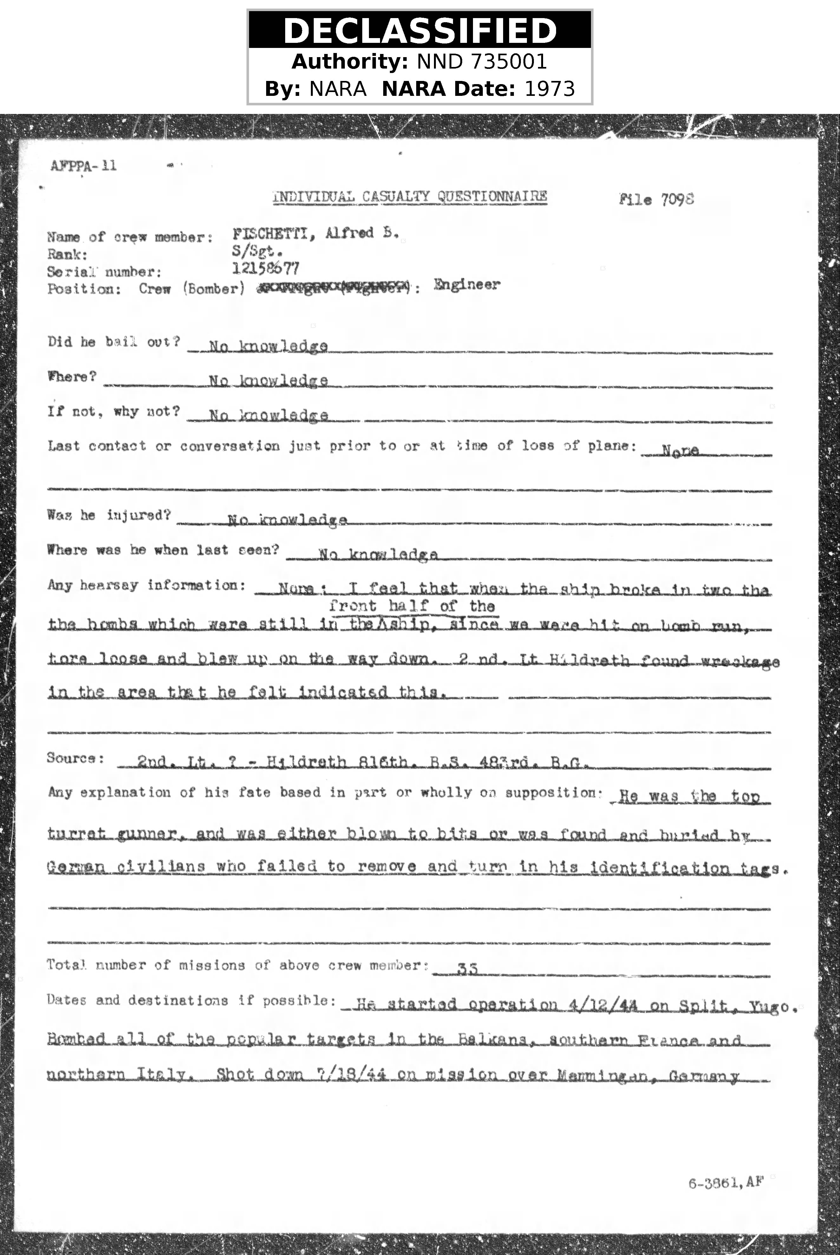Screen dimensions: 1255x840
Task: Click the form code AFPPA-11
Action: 83,166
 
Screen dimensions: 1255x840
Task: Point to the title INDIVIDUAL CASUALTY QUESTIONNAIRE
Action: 410,197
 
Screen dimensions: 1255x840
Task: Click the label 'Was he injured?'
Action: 109,515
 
